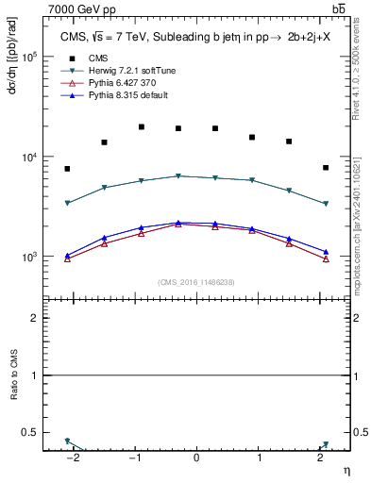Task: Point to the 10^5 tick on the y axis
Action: [x=27, y=57]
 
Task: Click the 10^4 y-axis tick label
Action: [x=27, y=157]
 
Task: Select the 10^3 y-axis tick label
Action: [x=27, y=257]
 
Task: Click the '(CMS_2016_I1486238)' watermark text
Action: [x=196, y=282]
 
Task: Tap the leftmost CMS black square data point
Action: [x=67, y=169]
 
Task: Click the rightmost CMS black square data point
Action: [x=325, y=168]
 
